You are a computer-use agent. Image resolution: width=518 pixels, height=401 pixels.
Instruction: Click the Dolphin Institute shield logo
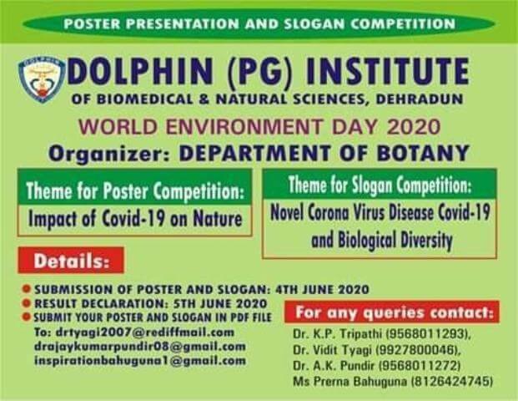[42, 79]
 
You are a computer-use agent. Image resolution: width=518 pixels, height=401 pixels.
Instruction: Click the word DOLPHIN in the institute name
[140, 72]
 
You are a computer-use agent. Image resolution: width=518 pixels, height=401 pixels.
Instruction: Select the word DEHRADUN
[420, 99]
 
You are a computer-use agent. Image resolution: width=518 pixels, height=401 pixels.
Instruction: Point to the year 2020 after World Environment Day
[414, 127]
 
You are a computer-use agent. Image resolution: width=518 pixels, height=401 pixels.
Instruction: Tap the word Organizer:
[109, 154]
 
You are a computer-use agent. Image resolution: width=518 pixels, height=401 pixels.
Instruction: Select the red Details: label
[71, 261]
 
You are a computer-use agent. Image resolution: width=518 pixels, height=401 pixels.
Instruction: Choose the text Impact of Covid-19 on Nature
[135, 219]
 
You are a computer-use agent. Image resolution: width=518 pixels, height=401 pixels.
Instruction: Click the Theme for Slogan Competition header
[380, 185]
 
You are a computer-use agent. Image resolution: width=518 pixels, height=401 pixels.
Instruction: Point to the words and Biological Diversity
[381, 240]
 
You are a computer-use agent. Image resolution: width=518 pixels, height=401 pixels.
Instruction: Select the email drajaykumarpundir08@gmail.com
[140, 347]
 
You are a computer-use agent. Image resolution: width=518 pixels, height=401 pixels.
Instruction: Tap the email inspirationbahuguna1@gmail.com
[140, 360]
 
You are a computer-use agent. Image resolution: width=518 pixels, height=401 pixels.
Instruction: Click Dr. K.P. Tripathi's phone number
[426, 334]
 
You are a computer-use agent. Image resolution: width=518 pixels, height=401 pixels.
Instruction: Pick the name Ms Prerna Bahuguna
[350, 382]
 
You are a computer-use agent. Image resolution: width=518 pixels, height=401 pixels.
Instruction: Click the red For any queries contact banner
[392, 312]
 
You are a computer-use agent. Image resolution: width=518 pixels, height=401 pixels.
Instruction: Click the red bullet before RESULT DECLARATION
[27, 302]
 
